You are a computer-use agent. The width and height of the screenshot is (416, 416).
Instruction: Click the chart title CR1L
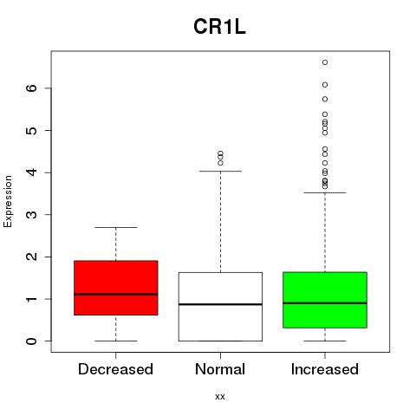[x=219, y=27]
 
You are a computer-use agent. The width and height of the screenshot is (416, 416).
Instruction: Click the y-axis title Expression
[x=8, y=201]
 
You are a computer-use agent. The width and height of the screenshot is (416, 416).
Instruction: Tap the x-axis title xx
[x=220, y=396]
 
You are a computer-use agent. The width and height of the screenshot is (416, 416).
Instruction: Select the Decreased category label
[x=115, y=369]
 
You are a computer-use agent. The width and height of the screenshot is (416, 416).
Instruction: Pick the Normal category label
[x=220, y=369]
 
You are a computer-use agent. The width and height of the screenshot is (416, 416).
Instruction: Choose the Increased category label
[x=325, y=369]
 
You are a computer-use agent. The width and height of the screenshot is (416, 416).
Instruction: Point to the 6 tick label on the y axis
[x=32, y=88]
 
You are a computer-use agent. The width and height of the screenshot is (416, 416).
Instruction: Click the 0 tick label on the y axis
[x=32, y=341]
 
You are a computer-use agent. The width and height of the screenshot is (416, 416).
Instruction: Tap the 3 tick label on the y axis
[x=32, y=214]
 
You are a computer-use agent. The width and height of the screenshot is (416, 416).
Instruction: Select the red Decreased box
[x=116, y=288]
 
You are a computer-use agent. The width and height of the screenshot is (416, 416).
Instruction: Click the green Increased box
[x=325, y=300]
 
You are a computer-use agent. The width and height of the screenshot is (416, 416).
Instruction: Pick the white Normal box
[x=220, y=307]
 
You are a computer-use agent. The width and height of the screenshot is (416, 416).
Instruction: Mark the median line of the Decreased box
[x=116, y=295]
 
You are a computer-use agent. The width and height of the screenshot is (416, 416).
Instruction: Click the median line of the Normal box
[x=220, y=304]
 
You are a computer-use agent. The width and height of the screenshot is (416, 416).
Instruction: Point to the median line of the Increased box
[x=325, y=303]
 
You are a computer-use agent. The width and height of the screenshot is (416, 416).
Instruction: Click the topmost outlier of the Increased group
[x=325, y=62]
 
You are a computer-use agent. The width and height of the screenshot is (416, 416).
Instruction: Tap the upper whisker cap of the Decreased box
[x=116, y=227]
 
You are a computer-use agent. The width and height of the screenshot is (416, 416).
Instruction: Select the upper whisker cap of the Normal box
[x=220, y=171]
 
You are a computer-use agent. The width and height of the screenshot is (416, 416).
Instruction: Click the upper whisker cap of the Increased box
[x=325, y=192]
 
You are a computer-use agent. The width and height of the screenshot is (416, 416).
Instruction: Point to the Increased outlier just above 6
[x=325, y=85]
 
